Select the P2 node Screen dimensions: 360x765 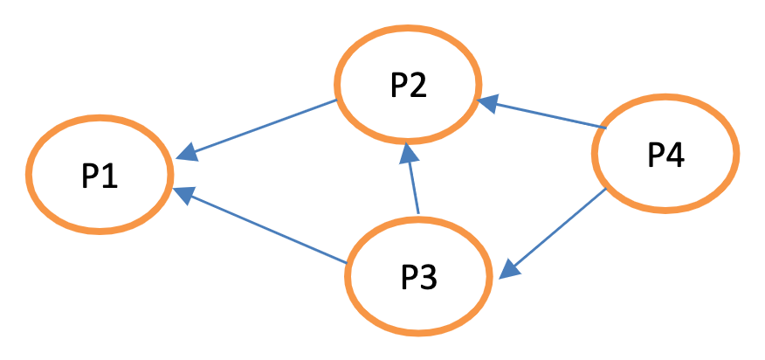pos(408,84)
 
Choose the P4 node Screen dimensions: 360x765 pos(665,155)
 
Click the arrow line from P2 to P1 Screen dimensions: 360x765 pos(262,128)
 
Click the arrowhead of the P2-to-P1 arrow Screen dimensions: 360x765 pos(185,154)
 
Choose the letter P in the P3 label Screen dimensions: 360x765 pos(409,278)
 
